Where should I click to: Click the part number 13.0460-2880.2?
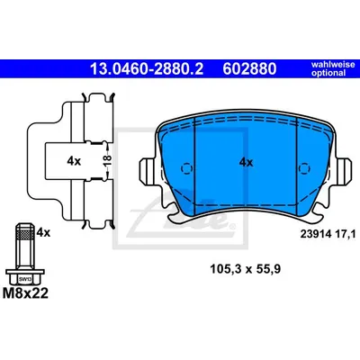coord(147,68)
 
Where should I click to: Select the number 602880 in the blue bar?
coord(249,68)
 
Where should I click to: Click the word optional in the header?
coord(328,73)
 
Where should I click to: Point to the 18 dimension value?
coord(108,160)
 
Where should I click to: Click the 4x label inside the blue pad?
coord(246,163)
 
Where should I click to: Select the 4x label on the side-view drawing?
coord(74,161)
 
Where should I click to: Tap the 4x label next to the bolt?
coord(43,232)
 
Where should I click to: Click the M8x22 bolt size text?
coord(25,292)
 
